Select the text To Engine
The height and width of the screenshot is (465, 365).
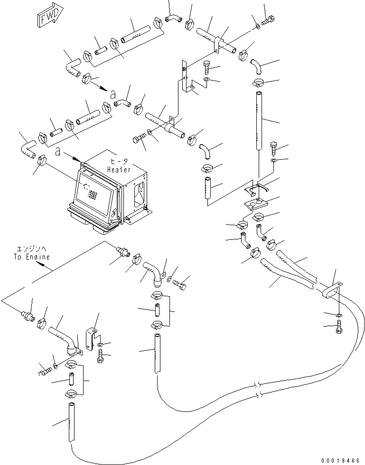[x=31, y=256]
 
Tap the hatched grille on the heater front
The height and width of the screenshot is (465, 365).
[x=94, y=194]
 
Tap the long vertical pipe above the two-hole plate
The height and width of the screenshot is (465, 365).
[x=259, y=121]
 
